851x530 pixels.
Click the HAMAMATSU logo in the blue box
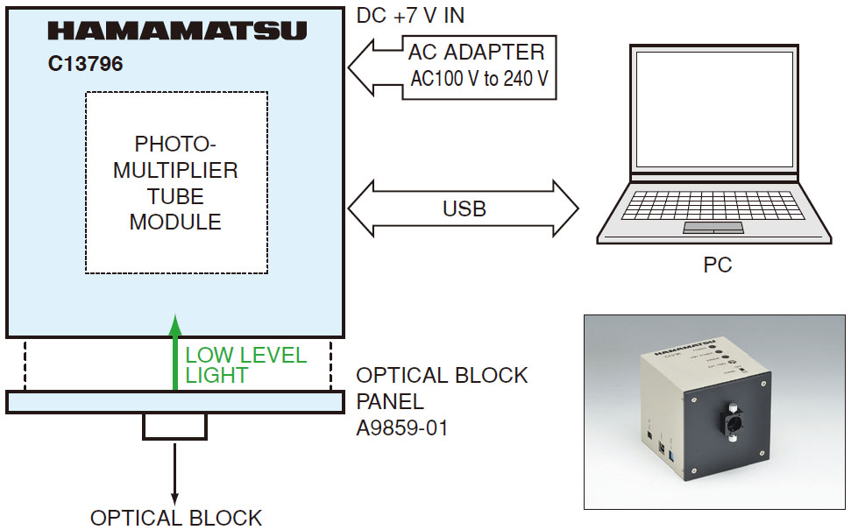click(x=177, y=32)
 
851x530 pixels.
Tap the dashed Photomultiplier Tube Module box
click(x=176, y=182)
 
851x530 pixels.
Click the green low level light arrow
click(x=175, y=350)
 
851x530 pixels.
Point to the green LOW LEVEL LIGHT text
click(x=245, y=365)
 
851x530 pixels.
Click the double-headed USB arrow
click(x=464, y=209)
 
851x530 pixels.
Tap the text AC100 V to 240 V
click(x=479, y=79)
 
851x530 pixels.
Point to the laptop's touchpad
click(x=713, y=228)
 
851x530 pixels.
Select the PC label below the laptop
click(x=717, y=264)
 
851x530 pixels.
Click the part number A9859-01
click(x=401, y=428)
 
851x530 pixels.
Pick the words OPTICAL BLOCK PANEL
click(x=441, y=388)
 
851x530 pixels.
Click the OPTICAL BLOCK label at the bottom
click(x=175, y=517)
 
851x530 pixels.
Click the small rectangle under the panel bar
click(x=175, y=426)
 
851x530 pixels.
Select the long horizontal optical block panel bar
click(x=175, y=402)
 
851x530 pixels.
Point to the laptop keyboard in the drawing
click(x=715, y=207)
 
